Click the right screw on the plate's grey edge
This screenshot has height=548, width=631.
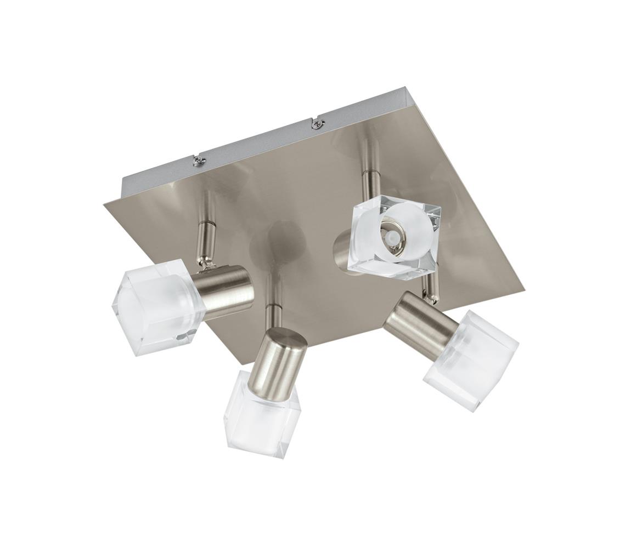click(x=316, y=124)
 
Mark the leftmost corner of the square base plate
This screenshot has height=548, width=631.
click(x=104, y=204)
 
